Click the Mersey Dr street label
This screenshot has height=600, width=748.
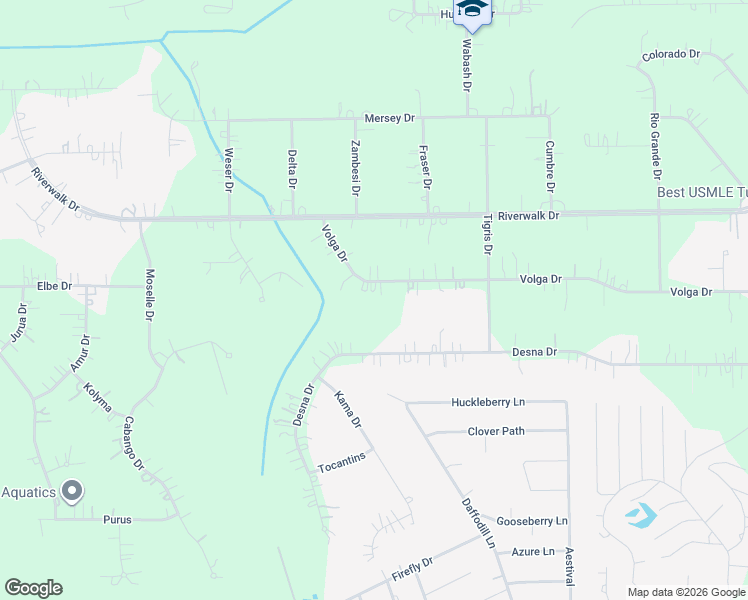tap(389, 118)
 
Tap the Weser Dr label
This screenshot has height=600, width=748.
tap(229, 170)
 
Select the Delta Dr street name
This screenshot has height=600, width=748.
tap(292, 169)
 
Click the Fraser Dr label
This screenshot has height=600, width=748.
tap(425, 168)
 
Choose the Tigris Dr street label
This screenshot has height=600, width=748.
tap(488, 234)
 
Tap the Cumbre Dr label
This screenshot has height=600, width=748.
tap(550, 167)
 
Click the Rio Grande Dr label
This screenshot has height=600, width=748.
tap(655, 143)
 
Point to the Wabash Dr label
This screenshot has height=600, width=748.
tap(466, 64)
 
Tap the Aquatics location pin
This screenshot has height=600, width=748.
tap(71, 491)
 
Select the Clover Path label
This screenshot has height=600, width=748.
tap(496, 431)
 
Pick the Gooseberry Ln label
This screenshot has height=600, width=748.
tap(533, 521)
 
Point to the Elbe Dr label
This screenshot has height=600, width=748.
tap(55, 285)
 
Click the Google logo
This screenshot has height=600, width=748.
tap(33, 588)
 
